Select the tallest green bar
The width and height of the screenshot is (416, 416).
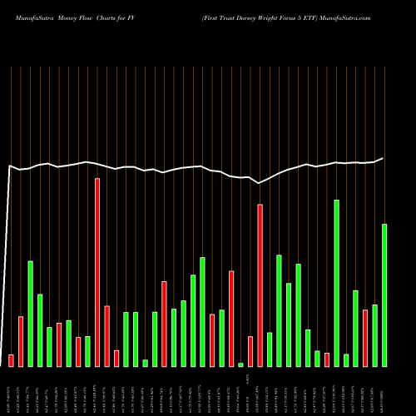337,283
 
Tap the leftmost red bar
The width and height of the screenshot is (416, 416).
11,360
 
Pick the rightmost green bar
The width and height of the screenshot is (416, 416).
384,295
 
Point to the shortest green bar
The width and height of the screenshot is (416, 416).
240,364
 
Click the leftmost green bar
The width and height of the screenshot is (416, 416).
30,314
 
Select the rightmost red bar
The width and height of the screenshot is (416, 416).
365,338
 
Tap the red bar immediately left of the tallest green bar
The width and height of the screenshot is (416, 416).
327,359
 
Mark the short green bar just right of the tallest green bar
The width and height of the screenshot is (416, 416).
346,360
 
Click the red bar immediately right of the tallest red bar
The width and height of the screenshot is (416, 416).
106,336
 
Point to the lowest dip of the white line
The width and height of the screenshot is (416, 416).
260,183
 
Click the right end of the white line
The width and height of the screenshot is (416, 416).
384,158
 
